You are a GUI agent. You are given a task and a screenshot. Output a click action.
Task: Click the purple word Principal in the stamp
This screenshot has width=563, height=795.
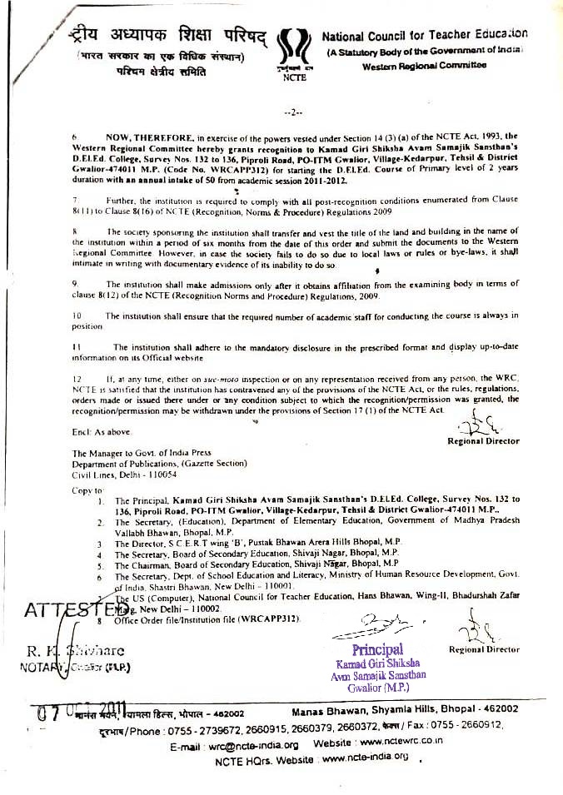pos(376,649)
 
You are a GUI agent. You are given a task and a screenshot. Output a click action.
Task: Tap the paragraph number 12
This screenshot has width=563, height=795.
pos(77,378)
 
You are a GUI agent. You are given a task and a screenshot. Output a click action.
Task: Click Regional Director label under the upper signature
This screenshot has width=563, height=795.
pos(483,441)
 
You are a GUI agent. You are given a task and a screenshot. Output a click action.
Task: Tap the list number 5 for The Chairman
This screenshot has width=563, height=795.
pos(99,564)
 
